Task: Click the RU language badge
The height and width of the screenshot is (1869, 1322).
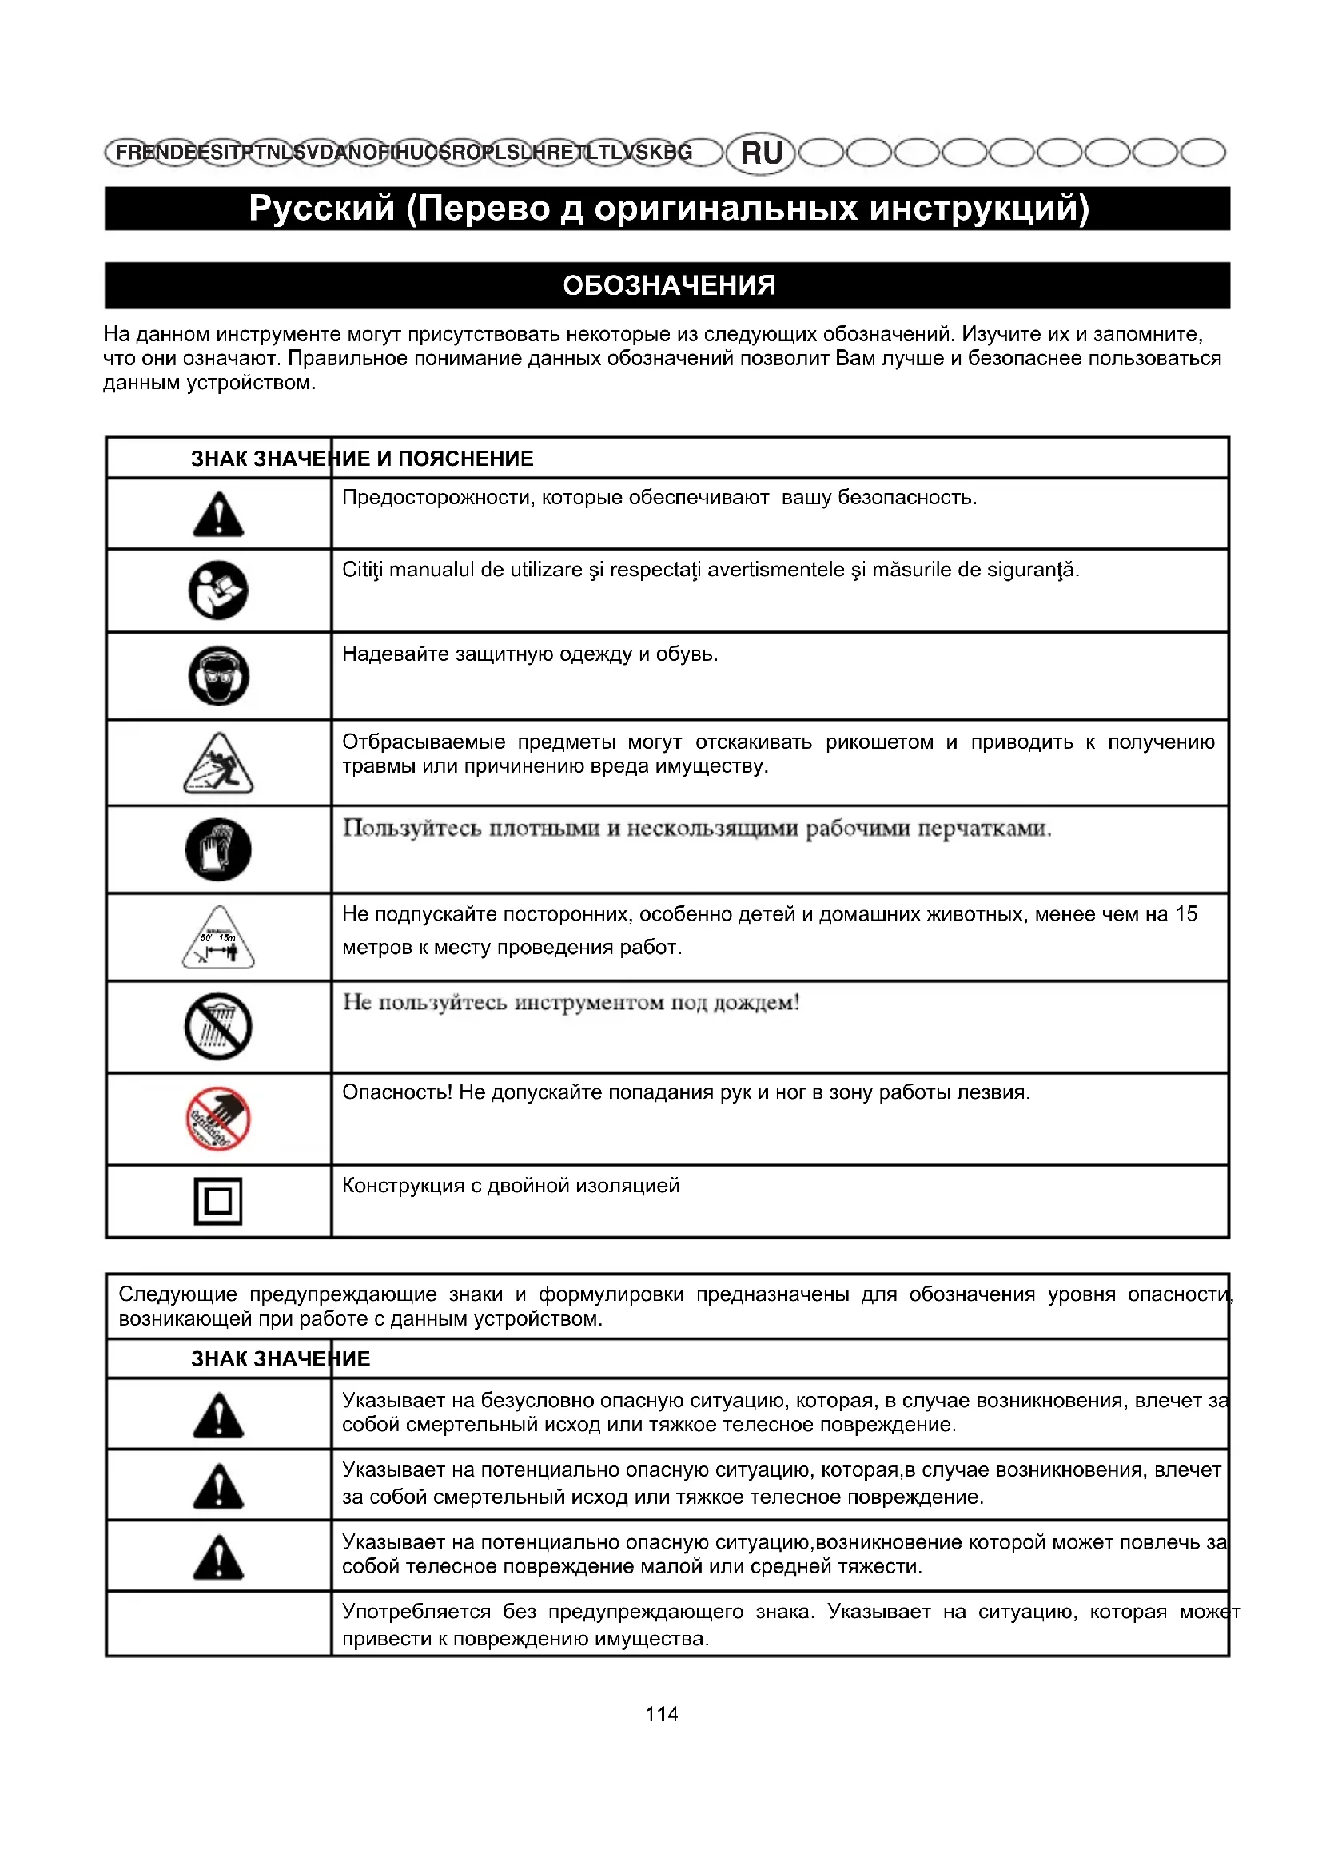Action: (760, 153)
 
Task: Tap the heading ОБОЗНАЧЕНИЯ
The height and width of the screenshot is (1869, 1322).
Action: (668, 286)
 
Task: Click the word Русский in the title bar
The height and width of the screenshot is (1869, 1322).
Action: (321, 209)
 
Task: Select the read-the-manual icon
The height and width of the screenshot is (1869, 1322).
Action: (218, 591)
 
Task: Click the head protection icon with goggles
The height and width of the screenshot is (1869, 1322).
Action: (218, 676)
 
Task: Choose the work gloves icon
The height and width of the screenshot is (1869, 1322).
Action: (218, 850)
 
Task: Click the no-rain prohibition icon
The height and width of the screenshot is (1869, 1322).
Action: (218, 1027)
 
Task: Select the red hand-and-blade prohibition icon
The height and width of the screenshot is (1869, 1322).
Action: (218, 1119)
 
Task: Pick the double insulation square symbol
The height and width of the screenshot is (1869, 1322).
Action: (218, 1202)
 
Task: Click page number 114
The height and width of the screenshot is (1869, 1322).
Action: (661, 1714)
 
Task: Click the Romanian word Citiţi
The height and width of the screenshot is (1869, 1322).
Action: (362, 570)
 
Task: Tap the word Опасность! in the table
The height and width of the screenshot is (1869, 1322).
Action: (396, 1092)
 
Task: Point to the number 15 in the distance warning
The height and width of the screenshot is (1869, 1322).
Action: (1186, 914)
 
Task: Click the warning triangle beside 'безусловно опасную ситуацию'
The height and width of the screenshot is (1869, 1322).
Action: (218, 1416)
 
